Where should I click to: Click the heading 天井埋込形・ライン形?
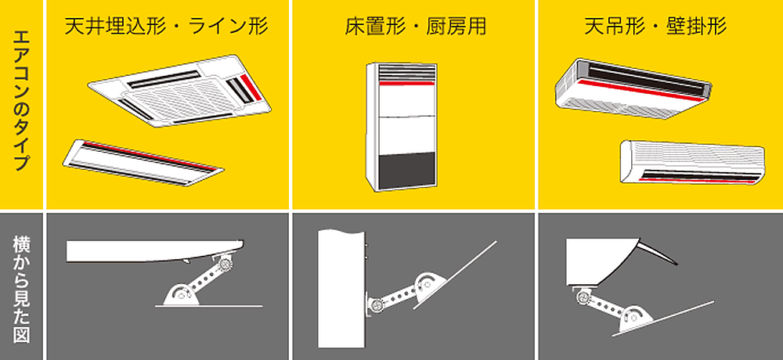tap(167, 27)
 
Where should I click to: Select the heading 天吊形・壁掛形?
tap(655, 27)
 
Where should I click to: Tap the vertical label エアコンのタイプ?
tap(21, 103)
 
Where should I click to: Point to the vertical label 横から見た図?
tap(21, 285)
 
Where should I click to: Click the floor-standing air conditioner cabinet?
tap(405, 125)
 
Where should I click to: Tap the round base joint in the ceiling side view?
tap(178, 295)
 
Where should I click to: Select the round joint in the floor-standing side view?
tap(428, 283)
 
